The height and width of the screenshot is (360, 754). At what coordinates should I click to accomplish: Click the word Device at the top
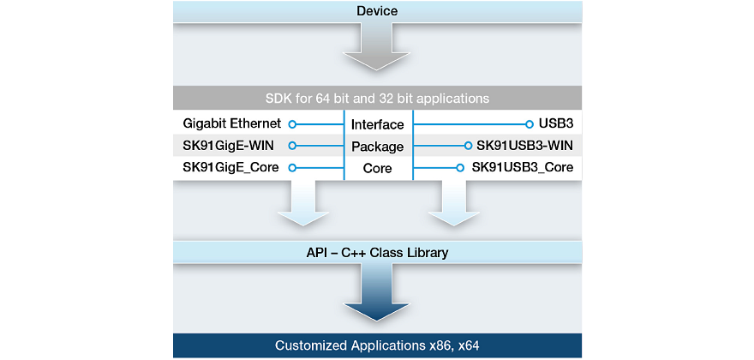click(377, 11)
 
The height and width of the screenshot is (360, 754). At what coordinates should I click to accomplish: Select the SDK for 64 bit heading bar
click(377, 98)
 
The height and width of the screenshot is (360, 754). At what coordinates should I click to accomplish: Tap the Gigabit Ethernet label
click(232, 124)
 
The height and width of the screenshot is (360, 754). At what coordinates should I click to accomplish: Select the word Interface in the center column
click(377, 125)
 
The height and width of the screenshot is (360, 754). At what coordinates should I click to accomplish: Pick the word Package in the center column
click(377, 147)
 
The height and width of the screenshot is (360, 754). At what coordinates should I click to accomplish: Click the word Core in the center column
click(377, 168)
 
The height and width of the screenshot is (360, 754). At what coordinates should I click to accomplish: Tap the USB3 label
click(556, 124)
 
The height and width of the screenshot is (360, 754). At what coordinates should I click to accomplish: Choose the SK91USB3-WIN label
click(524, 146)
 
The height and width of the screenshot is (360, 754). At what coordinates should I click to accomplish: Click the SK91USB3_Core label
click(522, 167)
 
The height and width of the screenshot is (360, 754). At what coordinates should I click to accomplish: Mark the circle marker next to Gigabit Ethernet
click(292, 124)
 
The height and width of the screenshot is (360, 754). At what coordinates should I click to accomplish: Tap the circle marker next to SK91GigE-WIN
click(292, 146)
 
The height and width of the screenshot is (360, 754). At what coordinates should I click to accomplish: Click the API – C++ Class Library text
click(377, 253)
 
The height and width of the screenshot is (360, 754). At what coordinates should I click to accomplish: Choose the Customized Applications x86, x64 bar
click(377, 345)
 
